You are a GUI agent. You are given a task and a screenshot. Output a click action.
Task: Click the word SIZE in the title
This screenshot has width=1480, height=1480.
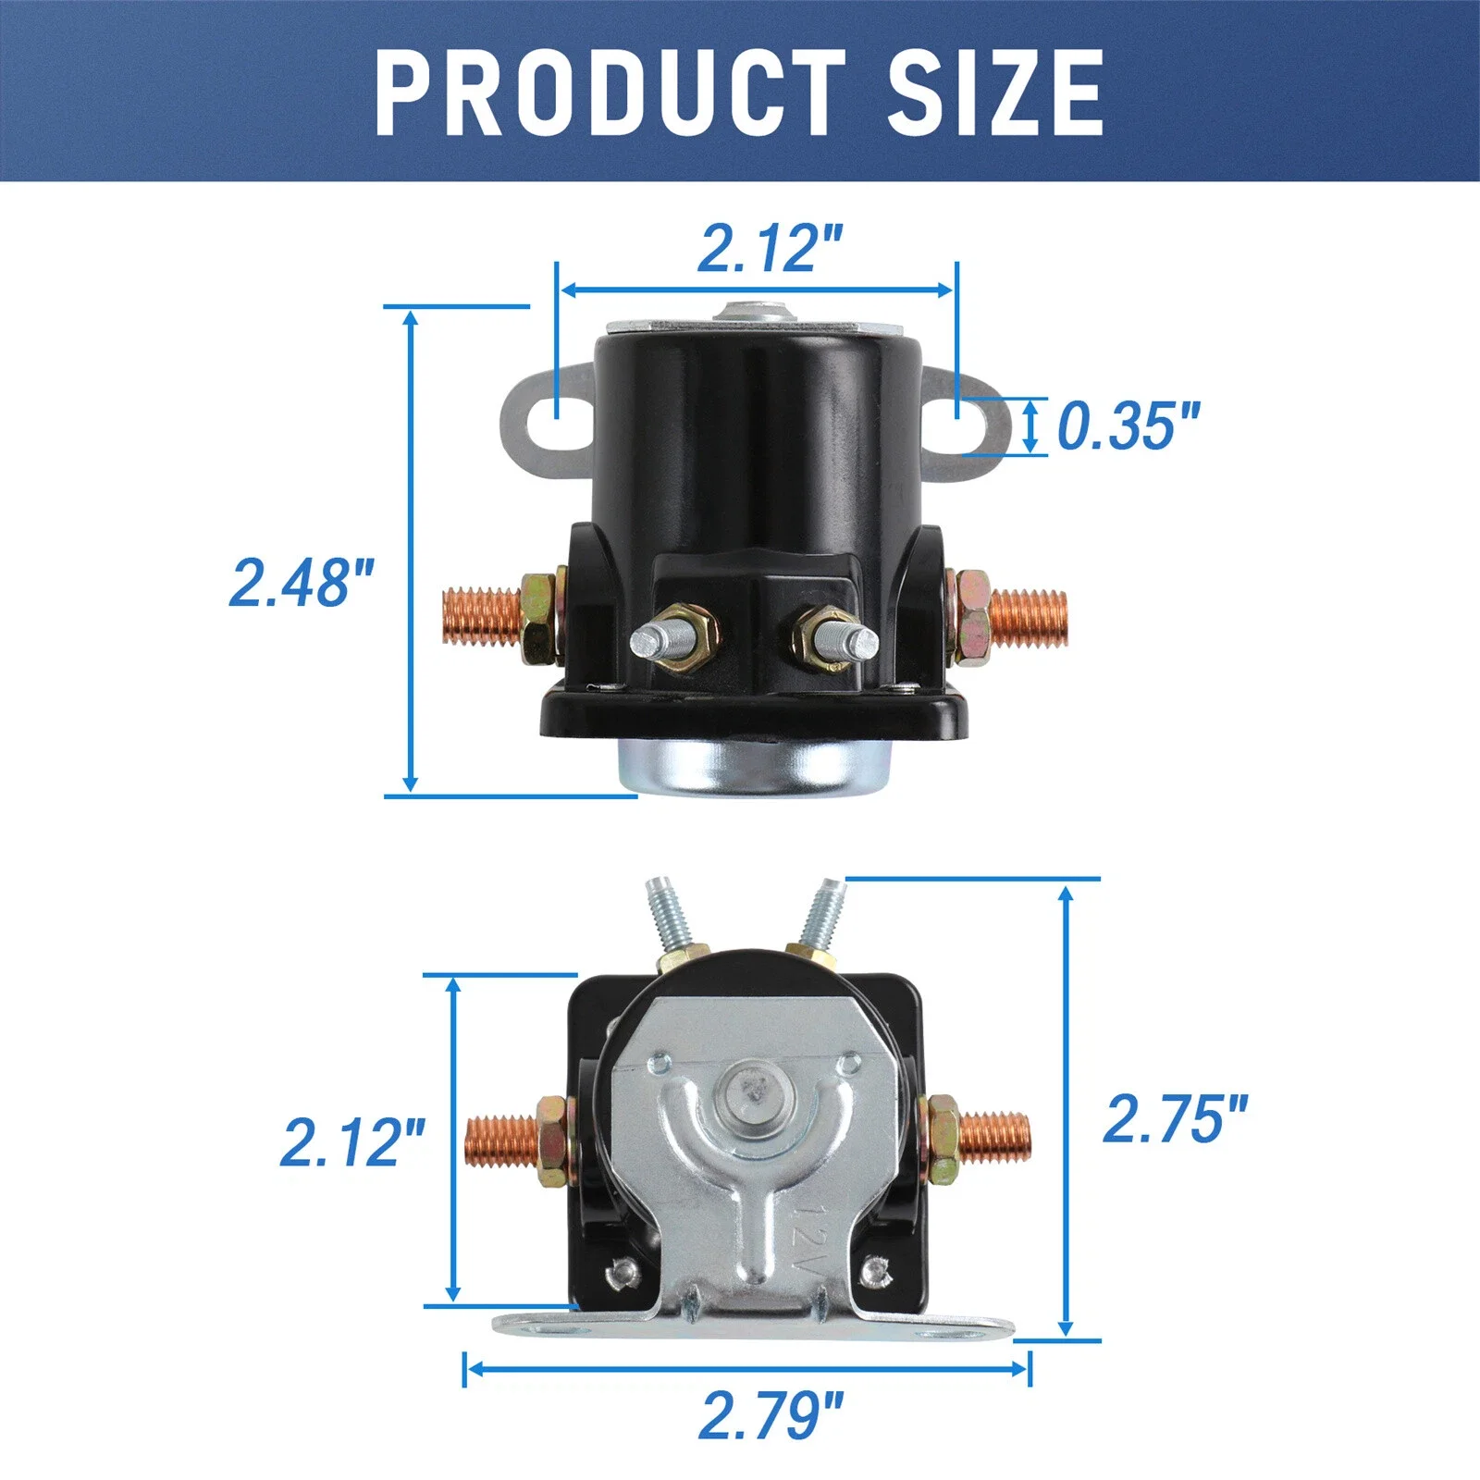tap(994, 92)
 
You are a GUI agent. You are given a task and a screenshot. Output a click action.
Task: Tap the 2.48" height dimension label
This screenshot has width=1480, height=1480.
tap(302, 583)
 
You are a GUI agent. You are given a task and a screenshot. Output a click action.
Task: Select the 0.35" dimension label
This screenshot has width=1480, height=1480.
tap(1127, 426)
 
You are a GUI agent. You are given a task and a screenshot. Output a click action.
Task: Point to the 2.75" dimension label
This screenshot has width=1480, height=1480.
tap(1175, 1119)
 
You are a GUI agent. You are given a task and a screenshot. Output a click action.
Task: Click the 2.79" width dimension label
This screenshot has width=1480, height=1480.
tap(771, 1415)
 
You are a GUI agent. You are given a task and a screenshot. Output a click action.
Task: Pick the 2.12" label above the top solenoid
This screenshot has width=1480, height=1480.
tap(770, 249)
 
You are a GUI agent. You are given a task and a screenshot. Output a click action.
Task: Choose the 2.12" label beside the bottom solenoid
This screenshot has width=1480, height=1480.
tap(352, 1142)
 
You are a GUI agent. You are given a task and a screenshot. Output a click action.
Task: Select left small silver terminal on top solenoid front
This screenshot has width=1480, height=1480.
tap(653, 640)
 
